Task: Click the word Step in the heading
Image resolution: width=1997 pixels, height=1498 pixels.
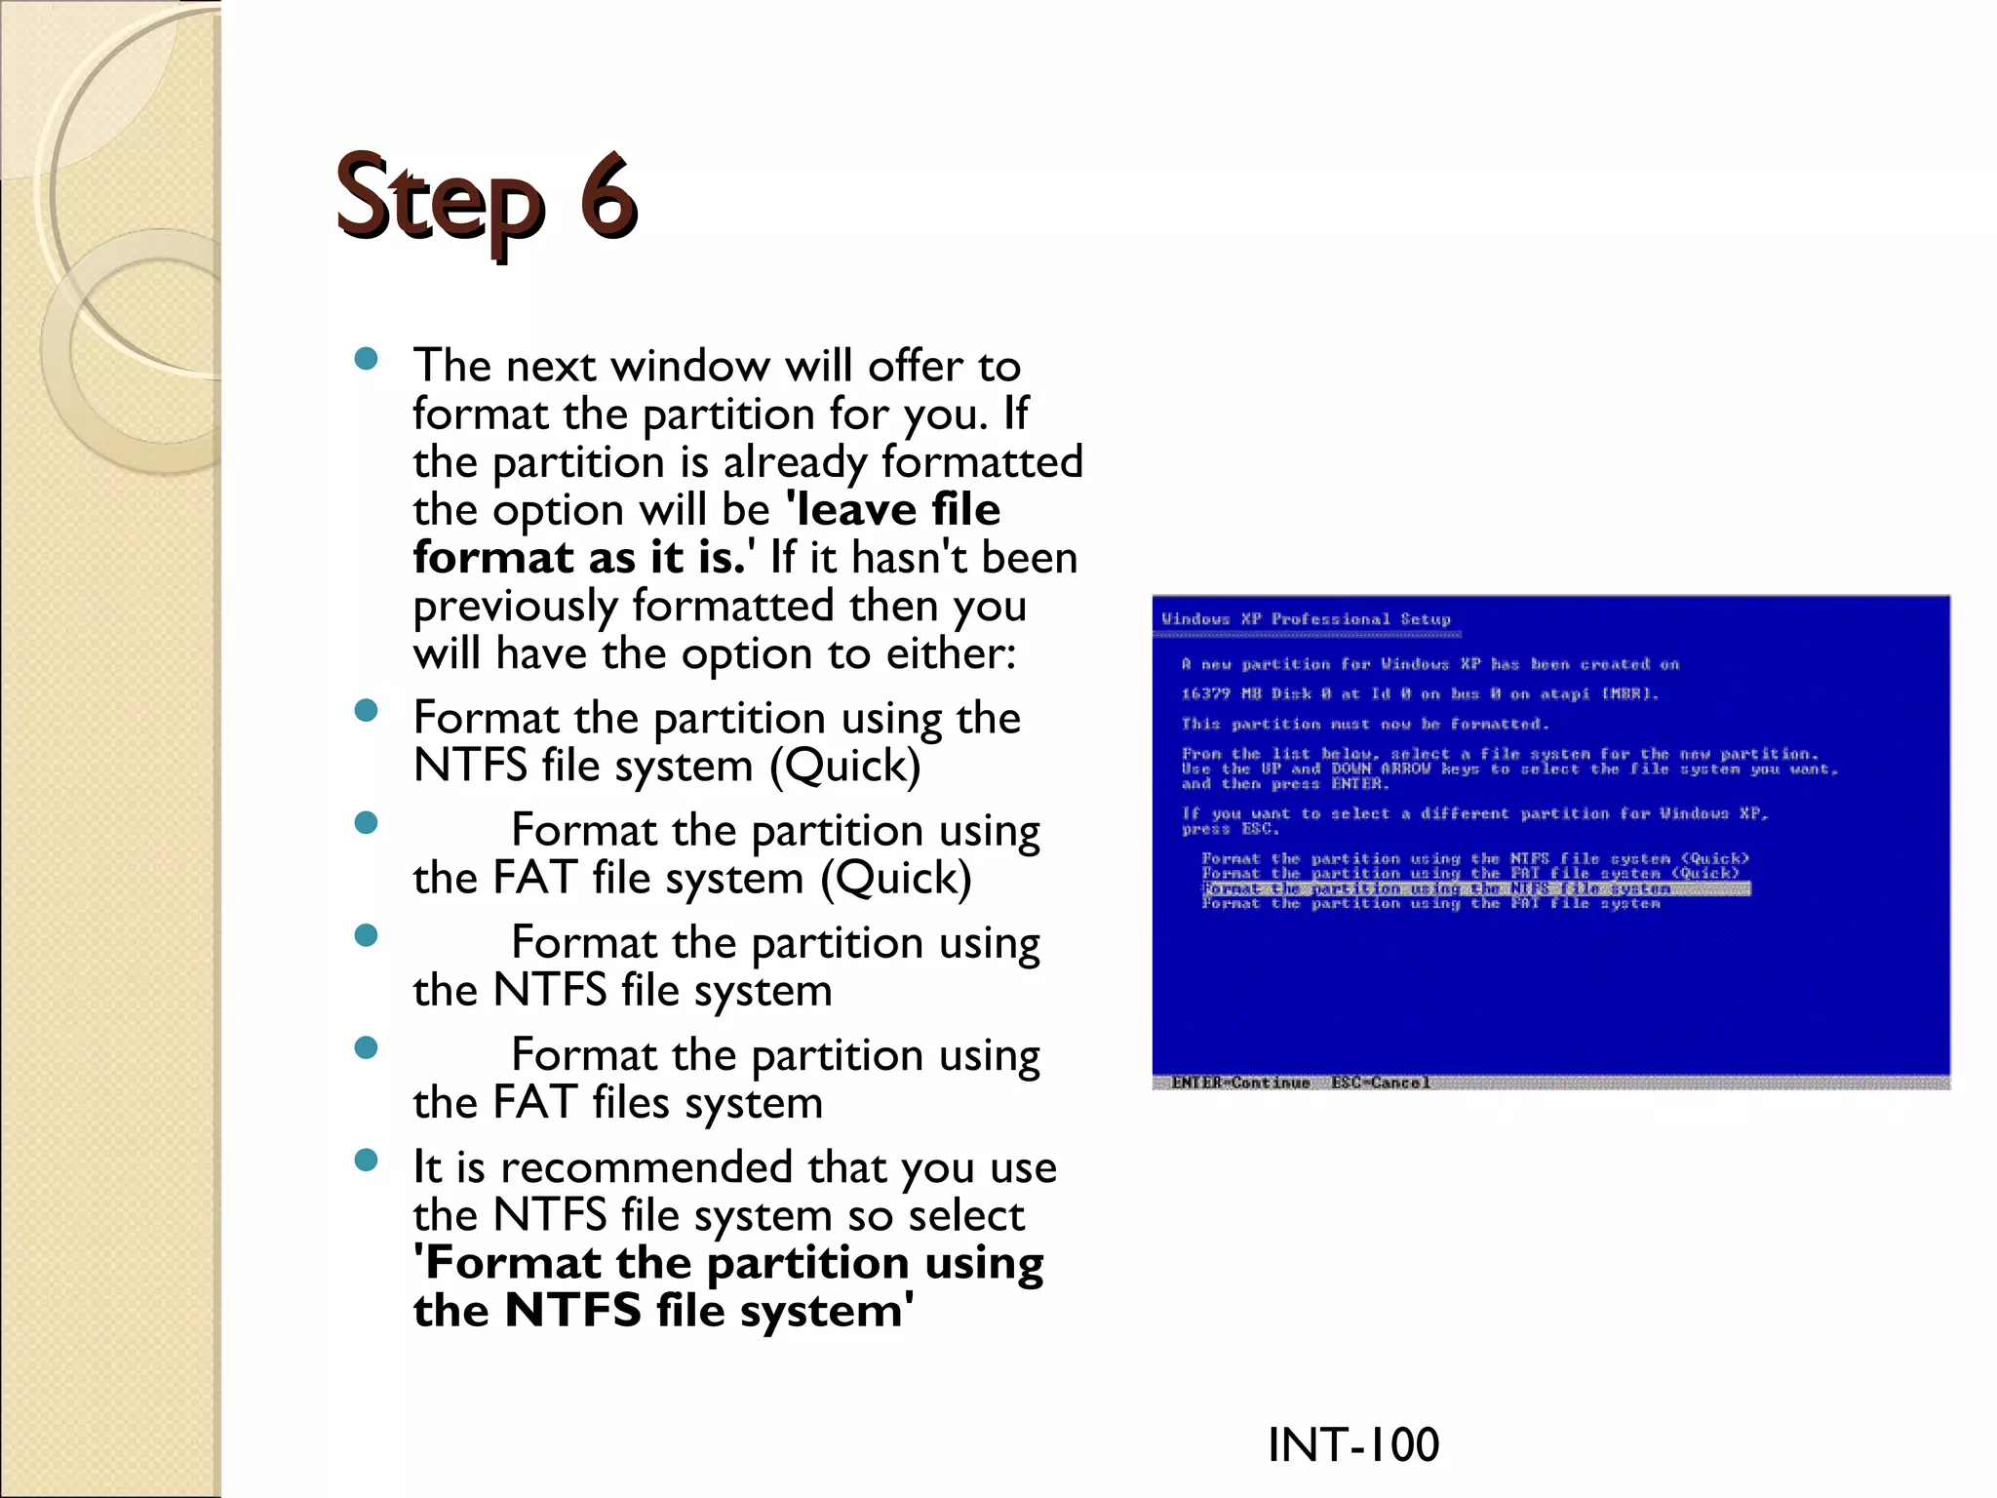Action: pyautogui.click(x=439, y=200)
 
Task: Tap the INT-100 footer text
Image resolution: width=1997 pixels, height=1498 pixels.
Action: pyautogui.click(x=1352, y=1444)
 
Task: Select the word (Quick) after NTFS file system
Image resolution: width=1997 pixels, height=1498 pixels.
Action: pyautogui.click(x=844, y=767)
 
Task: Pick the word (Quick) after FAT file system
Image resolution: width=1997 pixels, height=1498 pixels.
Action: pyautogui.click(x=895, y=879)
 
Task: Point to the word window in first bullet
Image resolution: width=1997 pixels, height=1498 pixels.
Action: pyautogui.click(x=690, y=367)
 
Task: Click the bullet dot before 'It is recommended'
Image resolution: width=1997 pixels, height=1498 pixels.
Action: pyautogui.click(x=367, y=1160)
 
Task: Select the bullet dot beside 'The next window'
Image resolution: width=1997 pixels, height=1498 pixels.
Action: pyautogui.click(x=367, y=359)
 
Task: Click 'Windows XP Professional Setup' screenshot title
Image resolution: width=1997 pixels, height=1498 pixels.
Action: pyautogui.click(x=1306, y=619)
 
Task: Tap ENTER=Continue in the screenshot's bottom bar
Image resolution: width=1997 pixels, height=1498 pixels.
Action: pyautogui.click(x=1240, y=1083)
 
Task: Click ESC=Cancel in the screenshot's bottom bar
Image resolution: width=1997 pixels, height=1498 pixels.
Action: pyautogui.click(x=1380, y=1083)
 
